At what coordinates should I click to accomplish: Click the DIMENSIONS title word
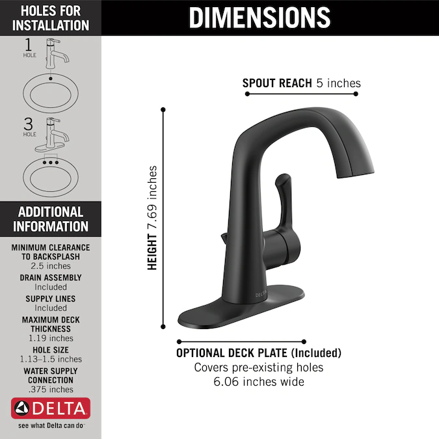[259, 18]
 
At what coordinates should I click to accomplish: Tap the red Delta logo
[51, 408]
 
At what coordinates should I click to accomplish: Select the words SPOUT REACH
[277, 83]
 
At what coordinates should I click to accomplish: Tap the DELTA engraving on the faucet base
[261, 294]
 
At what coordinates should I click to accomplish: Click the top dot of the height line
[163, 109]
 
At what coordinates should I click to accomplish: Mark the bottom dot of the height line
[163, 326]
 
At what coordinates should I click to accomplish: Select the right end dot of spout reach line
[356, 94]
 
